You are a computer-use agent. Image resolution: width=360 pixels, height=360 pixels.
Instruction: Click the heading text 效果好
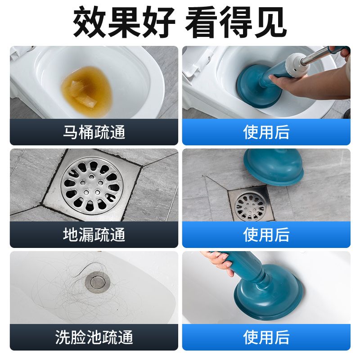pyautogui.click(x=124, y=22)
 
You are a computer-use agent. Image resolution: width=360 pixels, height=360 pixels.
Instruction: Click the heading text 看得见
pyautogui.click(x=236, y=22)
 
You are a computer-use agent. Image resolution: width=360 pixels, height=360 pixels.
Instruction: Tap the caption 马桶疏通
pyautogui.click(x=94, y=132)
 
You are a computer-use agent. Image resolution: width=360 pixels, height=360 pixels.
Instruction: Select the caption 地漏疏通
pyautogui.click(x=94, y=234)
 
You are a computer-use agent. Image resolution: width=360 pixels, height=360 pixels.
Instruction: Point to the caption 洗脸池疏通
pyautogui.click(x=94, y=337)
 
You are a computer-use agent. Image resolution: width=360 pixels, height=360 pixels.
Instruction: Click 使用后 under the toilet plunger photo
pyautogui.click(x=266, y=132)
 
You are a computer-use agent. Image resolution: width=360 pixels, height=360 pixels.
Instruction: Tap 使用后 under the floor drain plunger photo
pyautogui.click(x=266, y=234)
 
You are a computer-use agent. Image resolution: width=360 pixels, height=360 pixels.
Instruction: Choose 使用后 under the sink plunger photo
pyautogui.click(x=266, y=337)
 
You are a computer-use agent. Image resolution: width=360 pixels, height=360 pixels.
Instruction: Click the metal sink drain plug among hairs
pyautogui.click(x=97, y=283)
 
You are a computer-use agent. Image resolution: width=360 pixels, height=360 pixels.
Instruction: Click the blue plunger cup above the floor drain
pyautogui.click(x=274, y=167)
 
